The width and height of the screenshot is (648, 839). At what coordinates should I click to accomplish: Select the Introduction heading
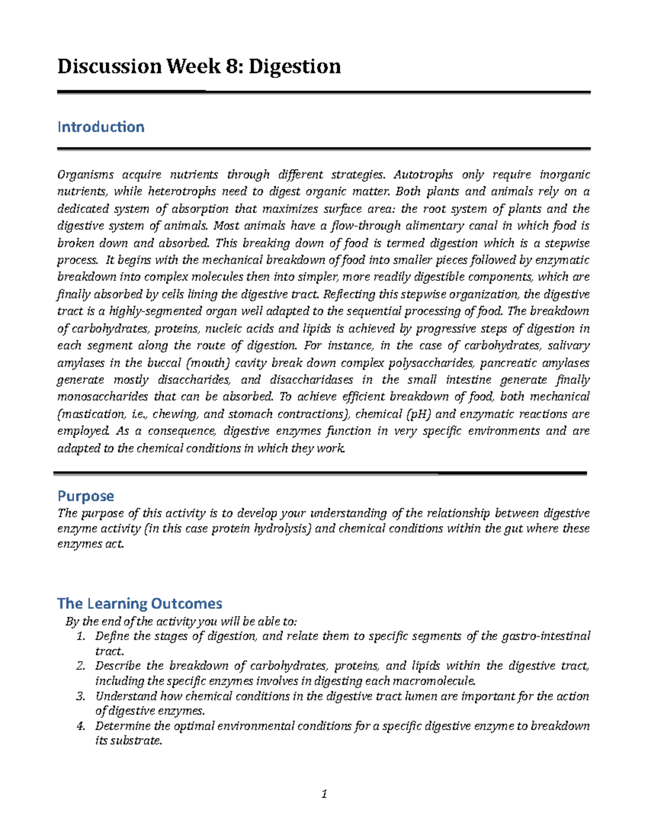[x=101, y=127]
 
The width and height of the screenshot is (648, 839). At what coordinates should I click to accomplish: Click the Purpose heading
[x=86, y=496]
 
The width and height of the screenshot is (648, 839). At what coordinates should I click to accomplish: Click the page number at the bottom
[x=324, y=794]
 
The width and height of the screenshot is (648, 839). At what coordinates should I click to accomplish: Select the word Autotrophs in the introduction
[x=423, y=174]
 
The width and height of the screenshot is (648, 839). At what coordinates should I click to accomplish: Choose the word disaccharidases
[x=312, y=380]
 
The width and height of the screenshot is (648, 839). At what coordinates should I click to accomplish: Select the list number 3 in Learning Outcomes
[x=80, y=696]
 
